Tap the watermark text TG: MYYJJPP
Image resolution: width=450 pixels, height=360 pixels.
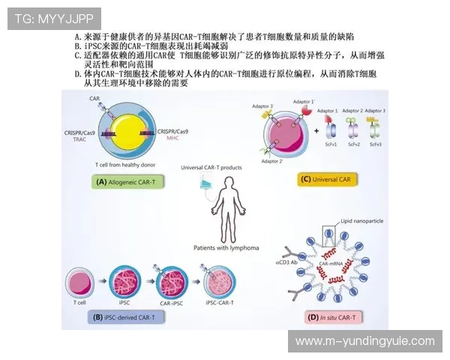(x=43, y=18)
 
